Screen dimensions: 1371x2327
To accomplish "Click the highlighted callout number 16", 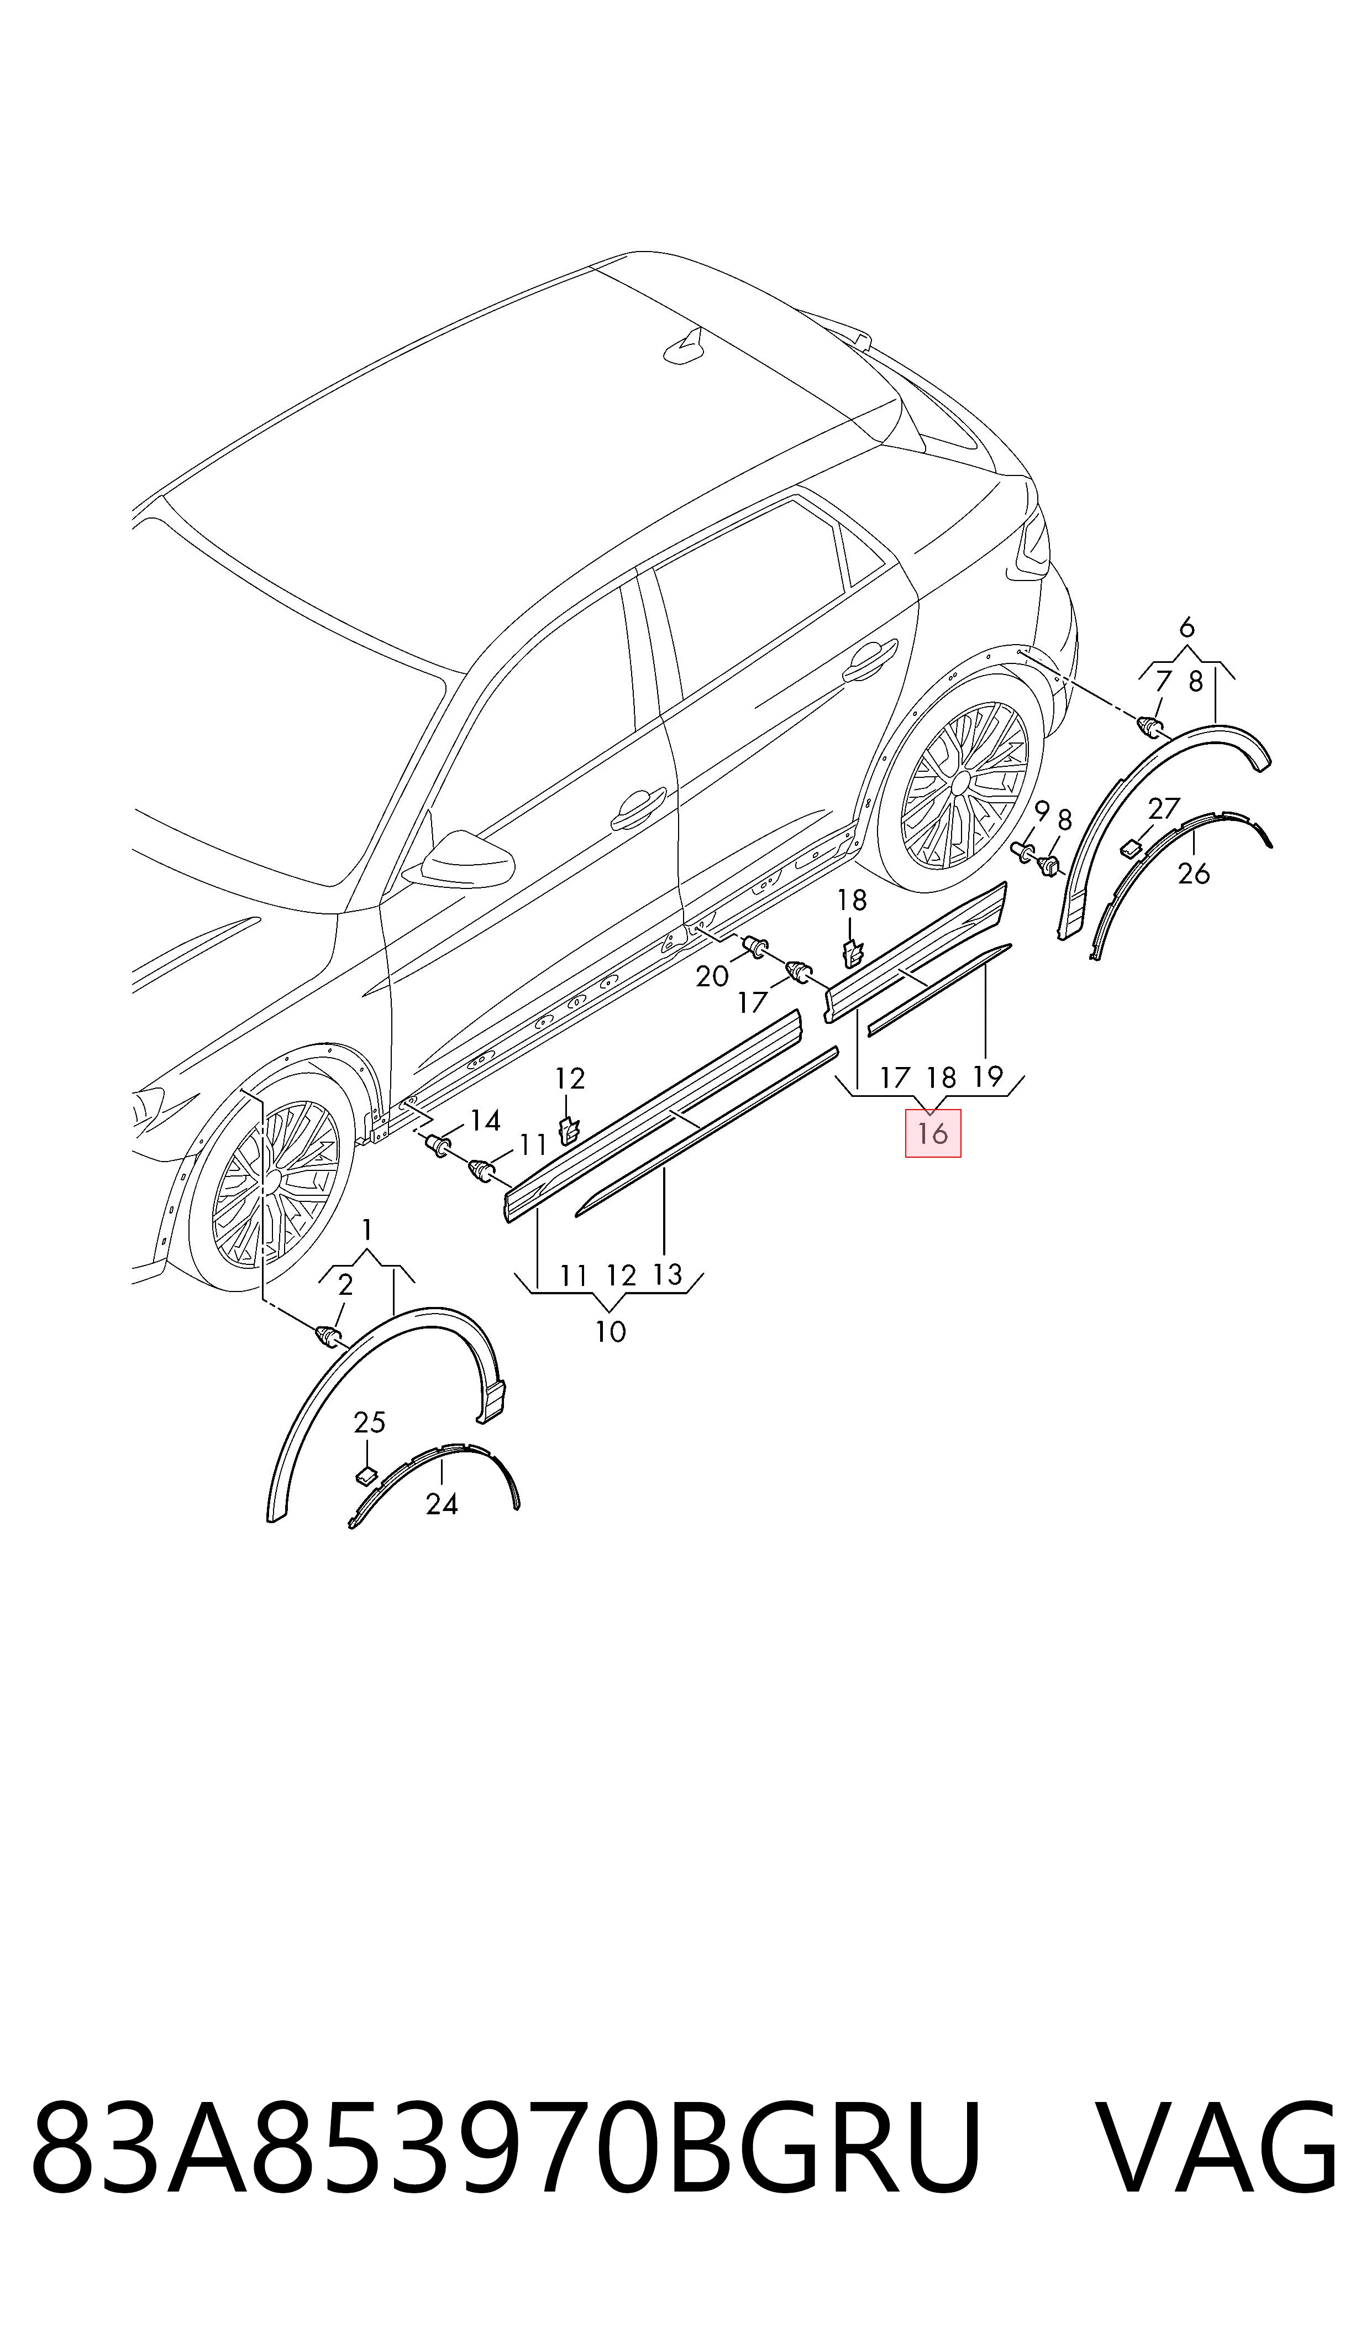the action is pyautogui.click(x=933, y=1133).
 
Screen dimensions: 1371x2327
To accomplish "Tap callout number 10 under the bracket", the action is pyautogui.click(x=611, y=1332).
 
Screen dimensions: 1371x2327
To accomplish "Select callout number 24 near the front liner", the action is pyautogui.click(x=442, y=1504).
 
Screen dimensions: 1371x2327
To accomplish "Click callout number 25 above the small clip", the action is pyautogui.click(x=370, y=1423).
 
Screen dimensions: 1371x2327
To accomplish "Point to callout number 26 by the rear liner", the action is pyautogui.click(x=1194, y=874).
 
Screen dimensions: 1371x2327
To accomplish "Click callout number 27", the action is pyautogui.click(x=1164, y=809).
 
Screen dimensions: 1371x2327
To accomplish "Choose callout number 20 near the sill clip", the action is pyautogui.click(x=712, y=977).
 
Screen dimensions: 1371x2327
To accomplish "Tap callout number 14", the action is pyautogui.click(x=485, y=1121).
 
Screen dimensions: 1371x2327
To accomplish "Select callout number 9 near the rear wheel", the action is pyautogui.click(x=1042, y=812).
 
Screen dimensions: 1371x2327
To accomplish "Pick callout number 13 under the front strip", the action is pyautogui.click(x=667, y=1275).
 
